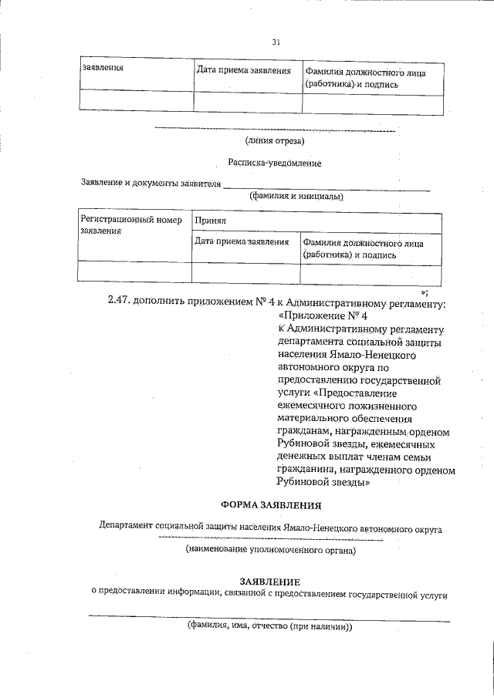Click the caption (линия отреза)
point(275,140)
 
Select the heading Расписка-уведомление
point(274,163)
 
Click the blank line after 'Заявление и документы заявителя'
point(326,185)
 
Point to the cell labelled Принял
point(210,220)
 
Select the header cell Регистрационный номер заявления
point(131,224)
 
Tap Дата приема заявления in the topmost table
point(244,71)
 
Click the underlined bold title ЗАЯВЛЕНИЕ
point(269,581)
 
